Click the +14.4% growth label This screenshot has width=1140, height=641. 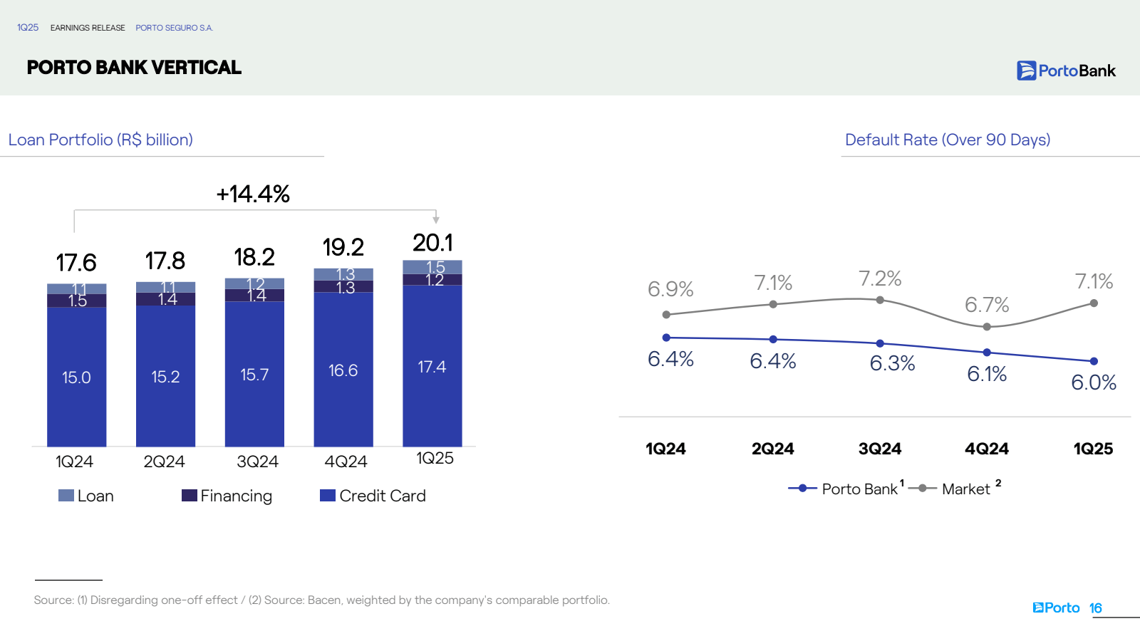[253, 194]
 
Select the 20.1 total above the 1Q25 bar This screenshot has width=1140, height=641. [432, 243]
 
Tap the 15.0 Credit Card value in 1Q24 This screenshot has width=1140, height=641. [76, 377]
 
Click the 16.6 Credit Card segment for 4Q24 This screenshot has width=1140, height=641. [343, 370]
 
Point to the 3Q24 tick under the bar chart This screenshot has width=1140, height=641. [257, 462]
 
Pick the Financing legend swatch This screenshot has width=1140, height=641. [189, 496]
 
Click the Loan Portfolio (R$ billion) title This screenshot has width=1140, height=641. [100, 140]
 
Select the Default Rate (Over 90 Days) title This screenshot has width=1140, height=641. [948, 140]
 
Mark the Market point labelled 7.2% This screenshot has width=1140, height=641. [880, 300]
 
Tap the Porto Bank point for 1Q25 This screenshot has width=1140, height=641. [1094, 361]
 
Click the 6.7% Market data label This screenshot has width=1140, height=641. [987, 305]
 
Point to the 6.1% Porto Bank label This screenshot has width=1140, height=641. [987, 374]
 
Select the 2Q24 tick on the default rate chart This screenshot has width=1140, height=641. [772, 449]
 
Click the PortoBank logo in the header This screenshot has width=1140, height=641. [1066, 71]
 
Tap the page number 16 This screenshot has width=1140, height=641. [1096, 608]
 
